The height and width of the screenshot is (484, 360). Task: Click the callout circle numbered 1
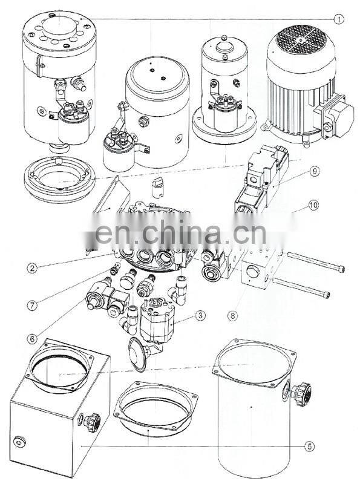pos(338,19)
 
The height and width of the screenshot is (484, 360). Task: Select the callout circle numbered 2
pos(32,267)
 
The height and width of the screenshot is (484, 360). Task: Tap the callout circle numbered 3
pos(200,315)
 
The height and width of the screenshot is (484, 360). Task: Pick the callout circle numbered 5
pos(309,446)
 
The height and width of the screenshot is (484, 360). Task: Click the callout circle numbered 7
pos(32,306)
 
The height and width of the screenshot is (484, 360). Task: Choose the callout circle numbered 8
pos(232,315)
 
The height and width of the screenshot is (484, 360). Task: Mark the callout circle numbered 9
pos(314,171)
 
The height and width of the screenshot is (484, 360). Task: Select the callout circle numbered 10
pos(313,205)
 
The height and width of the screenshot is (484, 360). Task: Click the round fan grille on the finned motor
pos(301,40)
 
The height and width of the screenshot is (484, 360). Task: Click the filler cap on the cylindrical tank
pos(300,394)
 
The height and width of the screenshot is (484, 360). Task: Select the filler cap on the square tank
pos(91,422)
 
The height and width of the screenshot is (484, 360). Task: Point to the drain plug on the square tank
pos(20,442)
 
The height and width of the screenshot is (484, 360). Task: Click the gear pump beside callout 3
pos(157,320)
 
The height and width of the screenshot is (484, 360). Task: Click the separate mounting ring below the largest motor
pos(59,179)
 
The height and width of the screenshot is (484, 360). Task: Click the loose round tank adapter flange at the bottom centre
pos(155,408)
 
